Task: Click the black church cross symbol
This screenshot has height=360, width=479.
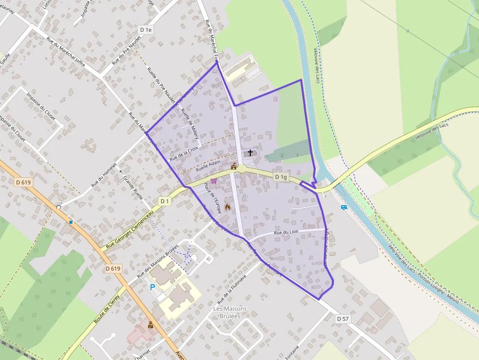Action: coord(250,153)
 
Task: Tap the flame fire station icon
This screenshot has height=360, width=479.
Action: coord(227,207)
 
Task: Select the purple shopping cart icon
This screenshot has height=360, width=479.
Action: coord(214,181)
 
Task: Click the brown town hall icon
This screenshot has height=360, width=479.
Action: coord(234,167)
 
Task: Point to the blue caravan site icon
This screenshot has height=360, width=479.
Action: coord(344,207)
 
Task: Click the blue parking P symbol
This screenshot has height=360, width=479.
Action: coord(152,287)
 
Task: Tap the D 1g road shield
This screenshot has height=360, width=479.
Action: coord(280,177)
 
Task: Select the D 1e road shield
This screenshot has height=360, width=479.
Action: coord(146,30)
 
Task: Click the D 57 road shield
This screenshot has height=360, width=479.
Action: coord(343,318)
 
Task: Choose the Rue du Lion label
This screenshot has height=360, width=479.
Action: coord(286,233)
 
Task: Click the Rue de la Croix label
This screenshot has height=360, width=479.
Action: coord(184,153)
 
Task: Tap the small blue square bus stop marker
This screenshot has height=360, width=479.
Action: coord(71,222)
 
